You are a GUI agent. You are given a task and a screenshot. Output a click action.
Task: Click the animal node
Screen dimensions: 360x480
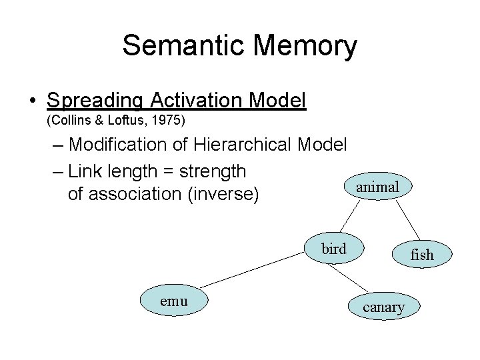[377, 188]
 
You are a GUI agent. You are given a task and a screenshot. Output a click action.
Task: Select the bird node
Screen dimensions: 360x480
[334, 249]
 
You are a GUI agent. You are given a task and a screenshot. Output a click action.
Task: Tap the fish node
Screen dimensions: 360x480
[422, 255]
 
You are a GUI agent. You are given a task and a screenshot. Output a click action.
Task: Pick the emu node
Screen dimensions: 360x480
[175, 301]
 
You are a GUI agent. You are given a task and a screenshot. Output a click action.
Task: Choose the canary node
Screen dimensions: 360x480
[383, 307]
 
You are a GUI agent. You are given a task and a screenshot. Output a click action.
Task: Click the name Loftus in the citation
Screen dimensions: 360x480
[124, 121]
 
